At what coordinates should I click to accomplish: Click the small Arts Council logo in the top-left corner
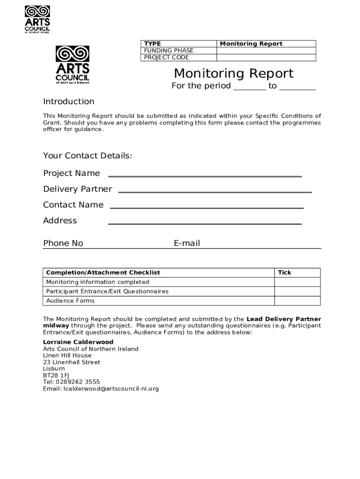click(37, 19)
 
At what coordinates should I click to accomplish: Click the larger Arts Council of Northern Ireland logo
click(72, 65)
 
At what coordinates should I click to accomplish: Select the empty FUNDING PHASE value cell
click(266, 51)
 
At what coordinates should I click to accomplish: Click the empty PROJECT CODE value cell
click(266, 58)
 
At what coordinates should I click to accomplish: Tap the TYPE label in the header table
click(152, 44)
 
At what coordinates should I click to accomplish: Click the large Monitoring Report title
click(234, 73)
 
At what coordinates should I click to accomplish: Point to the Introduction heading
click(69, 102)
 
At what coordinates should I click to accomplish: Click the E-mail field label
click(187, 243)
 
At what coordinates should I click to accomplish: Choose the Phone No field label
click(63, 243)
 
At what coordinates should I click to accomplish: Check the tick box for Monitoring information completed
click(297, 282)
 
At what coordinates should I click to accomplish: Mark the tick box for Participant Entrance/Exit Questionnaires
click(297, 291)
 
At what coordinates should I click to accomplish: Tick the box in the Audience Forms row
click(297, 301)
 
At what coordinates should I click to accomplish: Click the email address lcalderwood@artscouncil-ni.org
click(111, 389)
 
